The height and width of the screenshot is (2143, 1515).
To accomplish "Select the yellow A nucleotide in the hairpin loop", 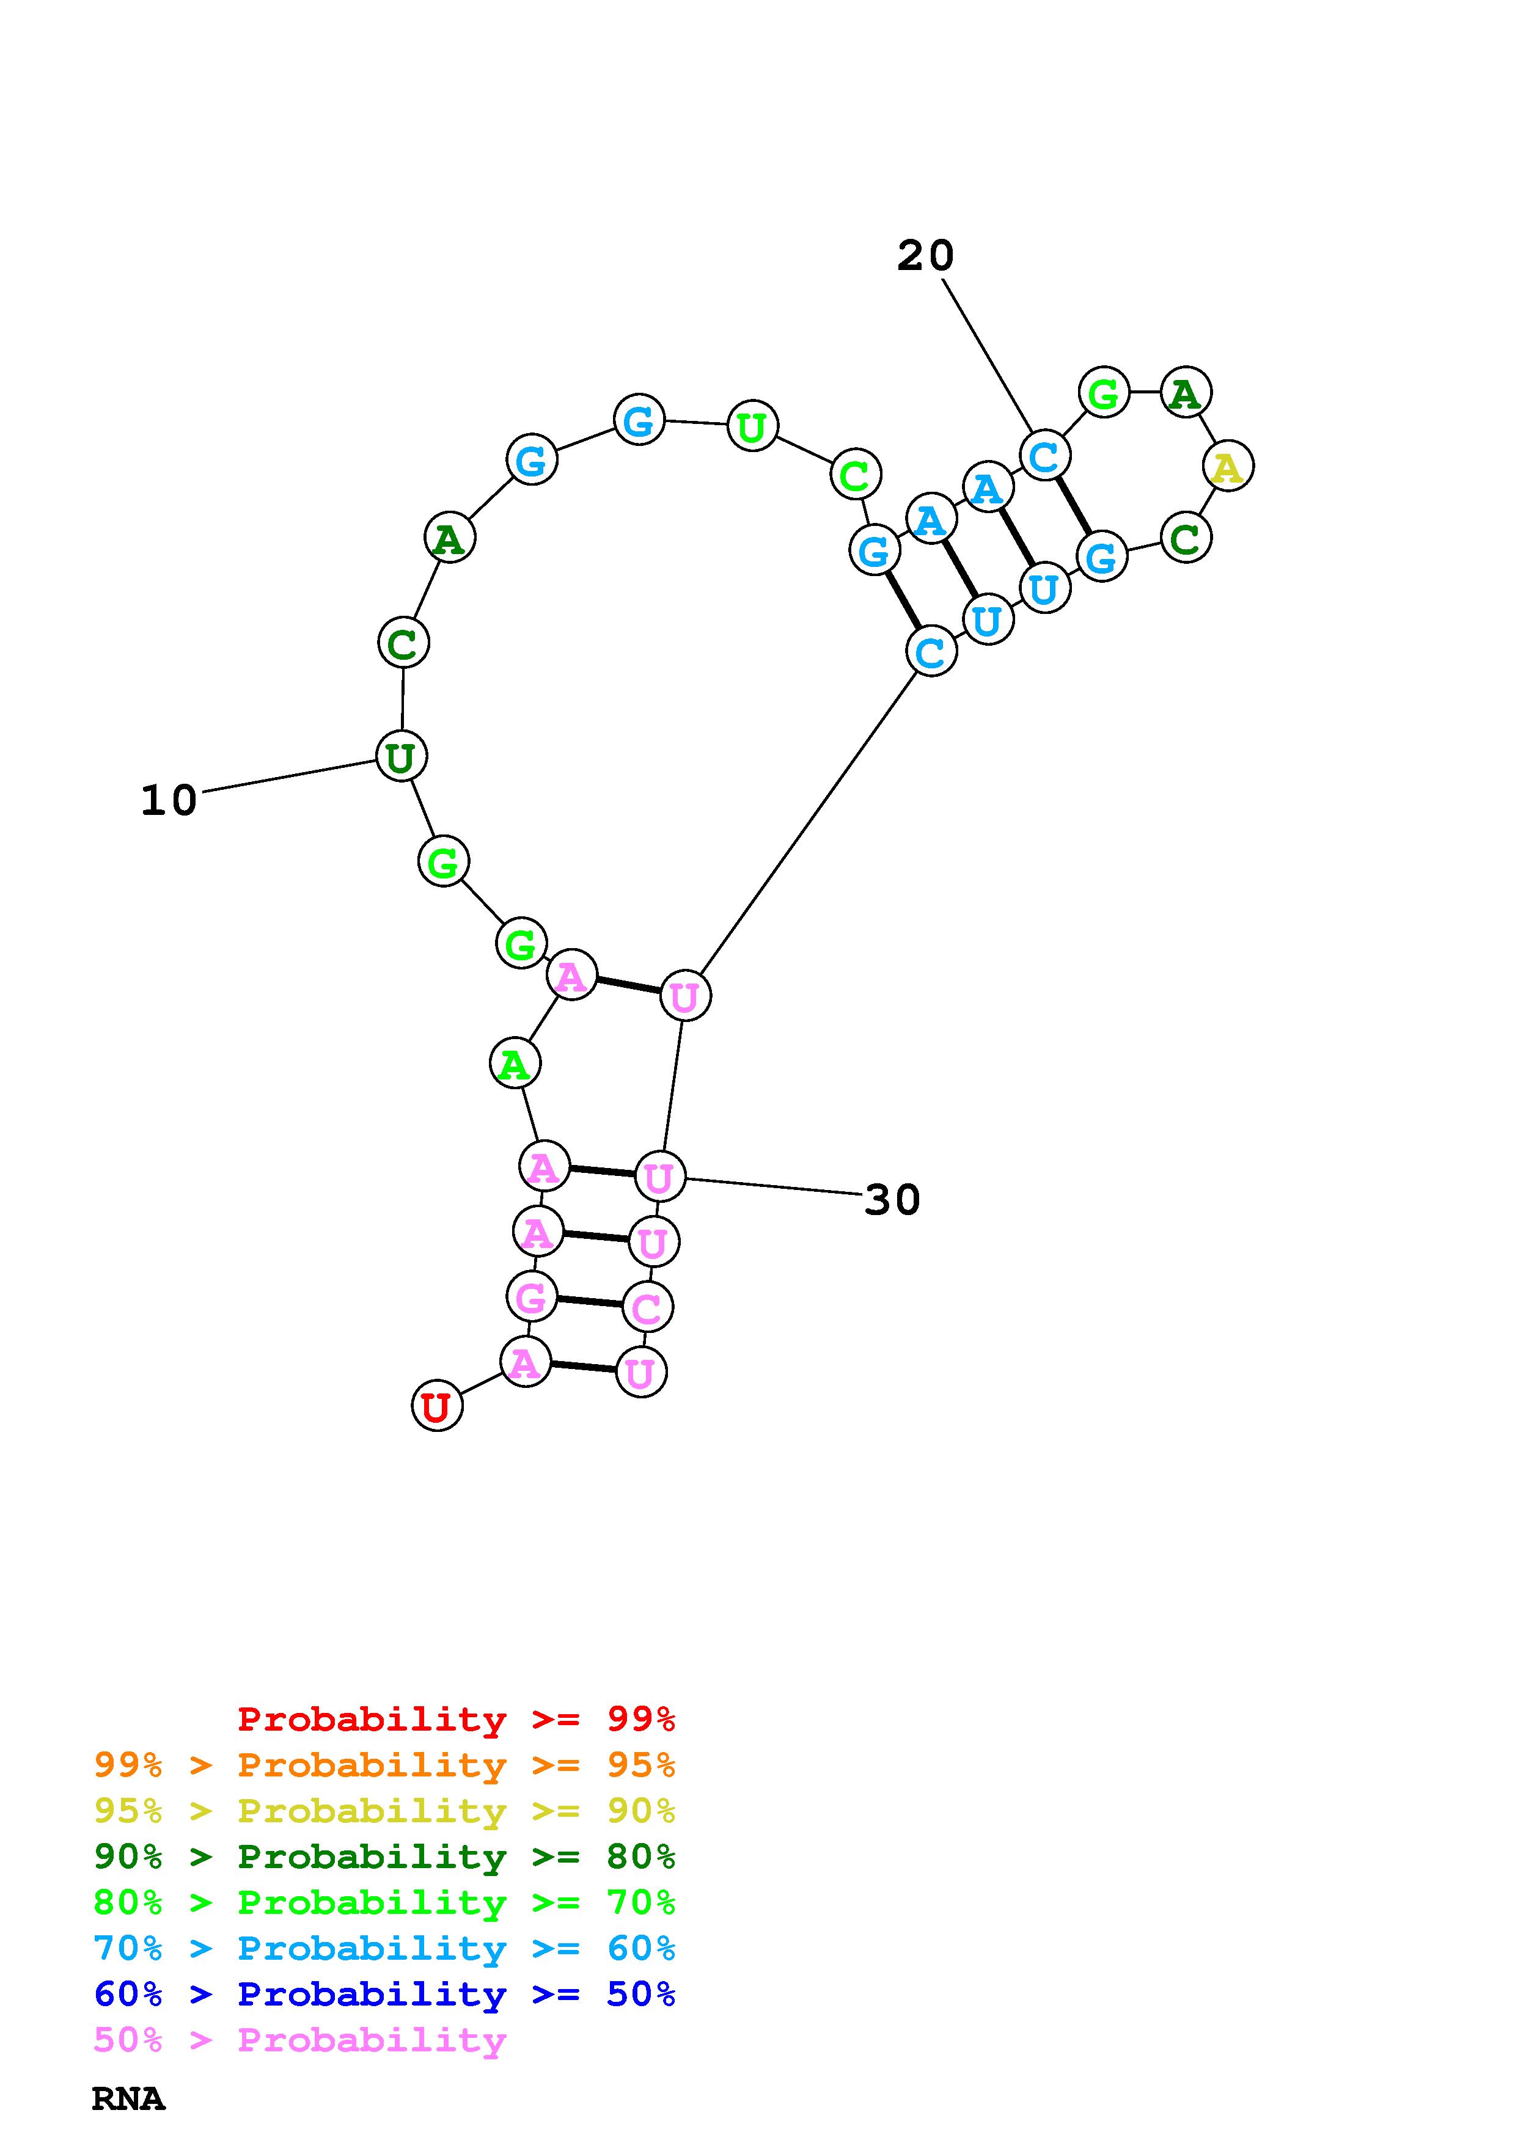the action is [1228, 465].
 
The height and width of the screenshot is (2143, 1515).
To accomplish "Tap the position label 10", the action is [169, 801].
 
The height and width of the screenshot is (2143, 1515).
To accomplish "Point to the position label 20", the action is [925, 256].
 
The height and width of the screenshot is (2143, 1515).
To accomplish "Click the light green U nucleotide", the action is [752, 426].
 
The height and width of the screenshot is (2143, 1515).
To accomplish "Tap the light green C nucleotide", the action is [855, 475].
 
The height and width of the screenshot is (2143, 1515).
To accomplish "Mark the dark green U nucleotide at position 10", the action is [402, 756].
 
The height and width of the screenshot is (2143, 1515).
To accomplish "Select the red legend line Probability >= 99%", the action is [457, 1718].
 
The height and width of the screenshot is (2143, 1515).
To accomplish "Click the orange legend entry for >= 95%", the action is [384, 1764].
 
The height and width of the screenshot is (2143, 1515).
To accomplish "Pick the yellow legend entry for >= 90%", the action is [384, 1810].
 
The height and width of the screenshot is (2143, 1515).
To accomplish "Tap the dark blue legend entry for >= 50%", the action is [384, 1994].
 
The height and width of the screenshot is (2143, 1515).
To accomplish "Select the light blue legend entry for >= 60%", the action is [384, 1948].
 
